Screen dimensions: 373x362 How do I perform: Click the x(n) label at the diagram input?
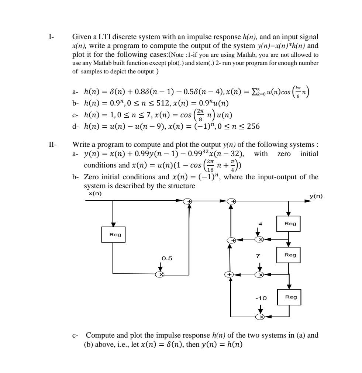[x=95, y=194]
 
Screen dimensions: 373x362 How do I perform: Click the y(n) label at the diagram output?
[x=316, y=196]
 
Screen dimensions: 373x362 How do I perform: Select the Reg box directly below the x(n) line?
[x=113, y=235]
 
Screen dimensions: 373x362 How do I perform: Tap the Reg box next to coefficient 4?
[x=288, y=224]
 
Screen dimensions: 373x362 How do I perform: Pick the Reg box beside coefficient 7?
[x=288, y=255]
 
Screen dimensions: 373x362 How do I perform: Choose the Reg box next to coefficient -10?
[x=288, y=297]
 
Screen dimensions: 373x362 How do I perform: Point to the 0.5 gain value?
[x=167, y=258]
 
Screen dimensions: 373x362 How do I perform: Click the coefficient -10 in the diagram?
[x=261, y=298]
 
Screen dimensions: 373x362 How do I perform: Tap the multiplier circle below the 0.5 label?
[x=160, y=274]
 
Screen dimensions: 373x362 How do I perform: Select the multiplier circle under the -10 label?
[x=261, y=317]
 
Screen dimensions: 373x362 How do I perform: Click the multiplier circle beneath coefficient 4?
[x=260, y=240]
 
